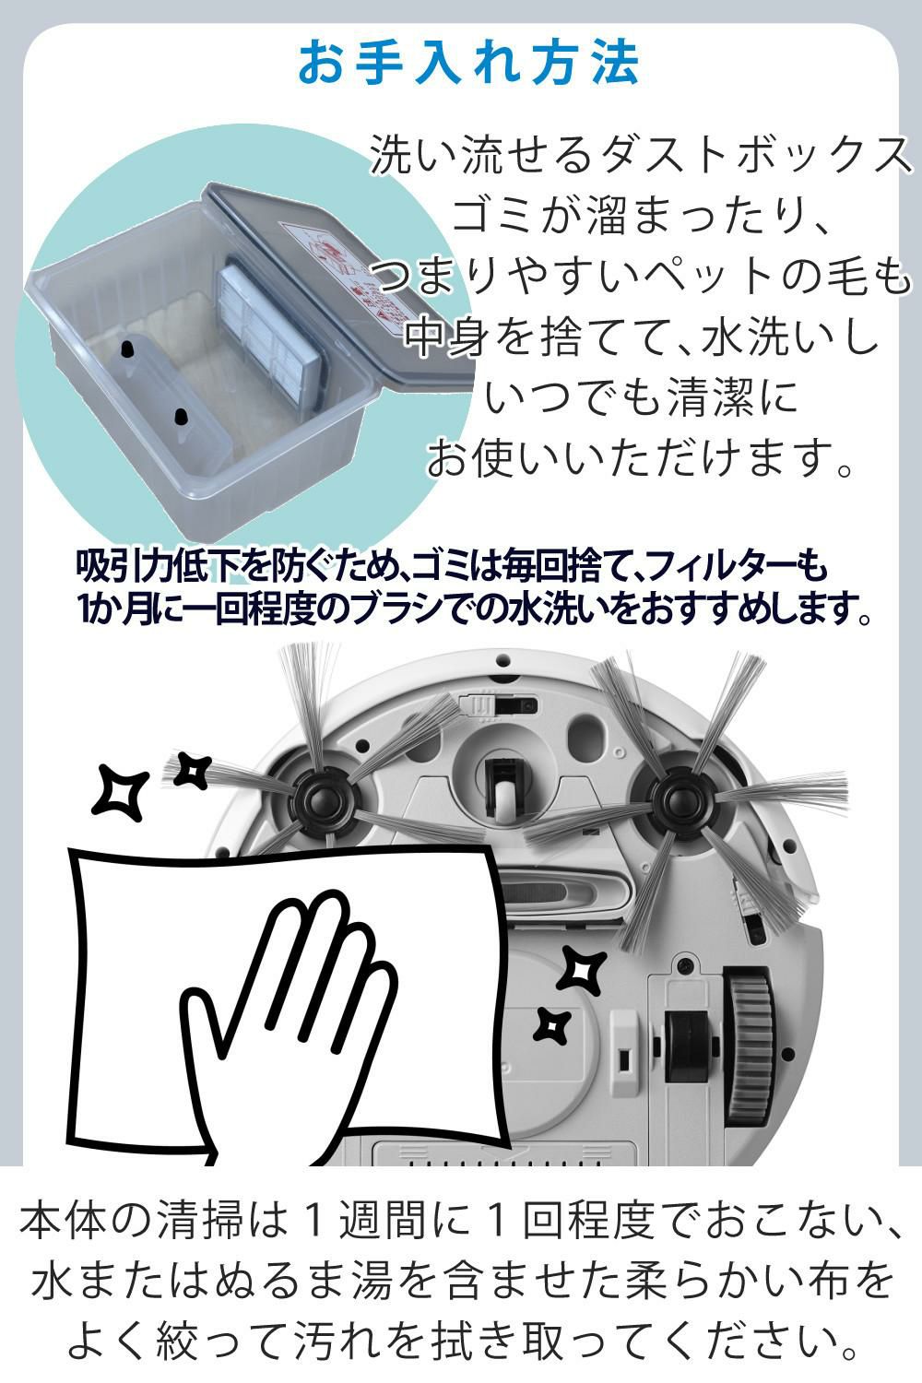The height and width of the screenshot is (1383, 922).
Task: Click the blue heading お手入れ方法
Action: [468, 63]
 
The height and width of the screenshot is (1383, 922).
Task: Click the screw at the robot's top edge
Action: [502, 661]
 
